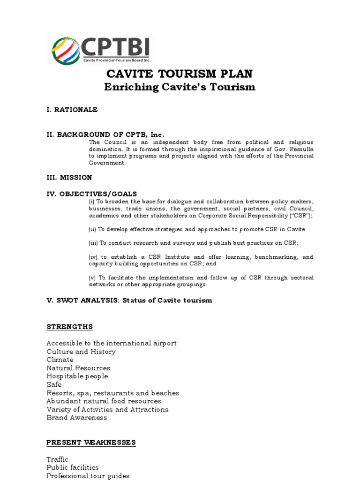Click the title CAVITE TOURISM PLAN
click(x=180, y=74)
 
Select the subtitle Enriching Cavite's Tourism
click(x=180, y=87)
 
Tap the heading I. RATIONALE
click(x=72, y=110)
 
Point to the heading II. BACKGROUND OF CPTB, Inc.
click(x=105, y=135)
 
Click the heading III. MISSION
click(x=69, y=178)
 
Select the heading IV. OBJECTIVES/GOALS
click(x=91, y=194)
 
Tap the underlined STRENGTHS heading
click(x=69, y=327)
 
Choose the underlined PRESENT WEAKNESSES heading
click(x=91, y=442)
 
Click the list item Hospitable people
click(x=77, y=376)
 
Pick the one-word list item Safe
click(x=54, y=385)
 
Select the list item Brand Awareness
click(x=76, y=418)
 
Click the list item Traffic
click(x=57, y=459)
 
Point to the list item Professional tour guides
click(x=88, y=476)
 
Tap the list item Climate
click(x=60, y=360)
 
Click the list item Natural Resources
click(x=78, y=368)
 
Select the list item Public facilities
click(x=73, y=467)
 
